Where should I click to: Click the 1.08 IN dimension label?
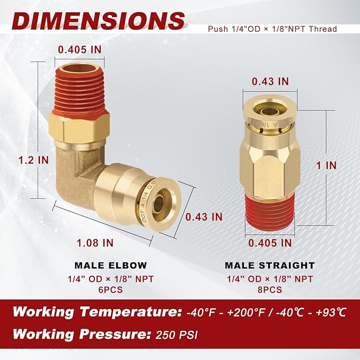(x=95, y=243)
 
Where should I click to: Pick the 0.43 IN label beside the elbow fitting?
(x=204, y=216)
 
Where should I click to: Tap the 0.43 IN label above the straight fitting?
(x=270, y=81)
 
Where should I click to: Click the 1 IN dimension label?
(x=327, y=165)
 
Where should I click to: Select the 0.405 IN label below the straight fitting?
(x=271, y=243)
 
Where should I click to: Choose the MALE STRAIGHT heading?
(x=269, y=265)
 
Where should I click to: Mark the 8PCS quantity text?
(x=269, y=289)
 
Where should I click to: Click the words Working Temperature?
(x=96, y=312)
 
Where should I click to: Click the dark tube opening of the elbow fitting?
(x=159, y=203)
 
